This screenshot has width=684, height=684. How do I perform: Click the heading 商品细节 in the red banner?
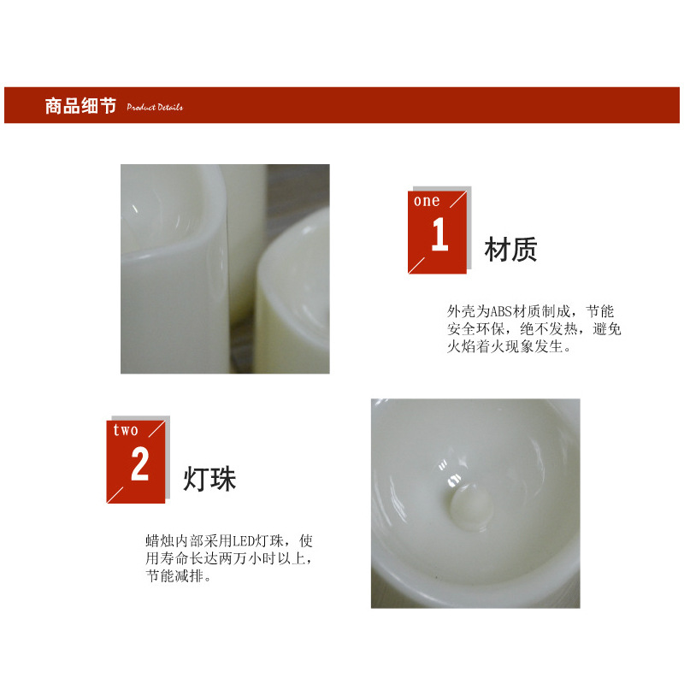pyautogui.click(x=80, y=107)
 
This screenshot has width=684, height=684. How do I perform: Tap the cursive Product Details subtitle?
pyautogui.click(x=155, y=108)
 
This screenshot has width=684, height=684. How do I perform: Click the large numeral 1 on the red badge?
pyautogui.click(x=439, y=236)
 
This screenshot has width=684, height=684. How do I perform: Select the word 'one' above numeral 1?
pyautogui.click(x=427, y=202)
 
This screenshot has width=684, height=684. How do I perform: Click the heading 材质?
pyautogui.click(x=510, y=250)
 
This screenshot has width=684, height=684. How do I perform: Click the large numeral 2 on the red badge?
pyautogui.click(x=139, y=465)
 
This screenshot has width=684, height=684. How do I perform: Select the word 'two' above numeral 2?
pyautogui.click(x=126, y=430)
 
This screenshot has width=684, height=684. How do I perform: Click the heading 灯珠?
pyautogui.click(x=209, y=479)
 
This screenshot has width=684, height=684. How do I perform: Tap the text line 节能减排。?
pyautogui.click(x=179, y=576)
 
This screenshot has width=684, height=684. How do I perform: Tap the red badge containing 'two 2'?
pyautogui.click(x=137, y=460)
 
